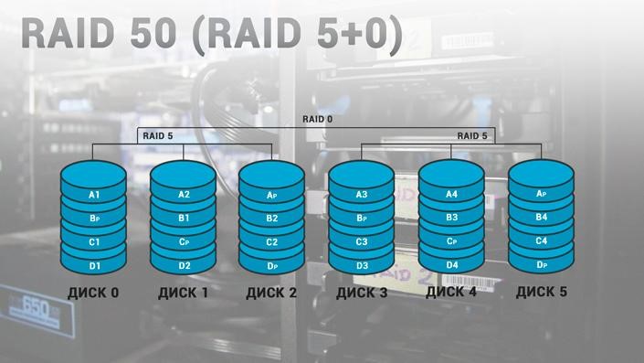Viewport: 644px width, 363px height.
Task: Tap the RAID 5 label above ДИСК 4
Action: [x=471, y=136]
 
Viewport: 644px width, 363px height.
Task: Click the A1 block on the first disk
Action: [x=93, y=196]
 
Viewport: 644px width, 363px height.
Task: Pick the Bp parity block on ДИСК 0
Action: [x=93, y=219]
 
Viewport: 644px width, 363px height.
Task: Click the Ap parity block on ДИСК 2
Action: [x=271, y=196]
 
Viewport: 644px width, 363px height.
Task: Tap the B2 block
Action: [x=271, y=219]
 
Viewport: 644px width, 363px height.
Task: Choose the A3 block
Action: [x=362, y=195]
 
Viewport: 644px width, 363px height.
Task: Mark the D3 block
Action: [x=362, y=266]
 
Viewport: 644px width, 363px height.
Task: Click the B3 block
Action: [x=451, y=219]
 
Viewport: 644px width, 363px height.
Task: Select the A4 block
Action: [x=451, y=195]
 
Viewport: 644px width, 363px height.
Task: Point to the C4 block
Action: [x=541, y=241]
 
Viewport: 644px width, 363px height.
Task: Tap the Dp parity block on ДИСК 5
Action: [x=541, y=265]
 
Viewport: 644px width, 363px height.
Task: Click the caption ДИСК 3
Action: [x=362, y=294]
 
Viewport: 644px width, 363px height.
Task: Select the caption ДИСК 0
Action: [x=93, y=294]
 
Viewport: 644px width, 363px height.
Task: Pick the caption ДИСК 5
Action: [x=541, y=294]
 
